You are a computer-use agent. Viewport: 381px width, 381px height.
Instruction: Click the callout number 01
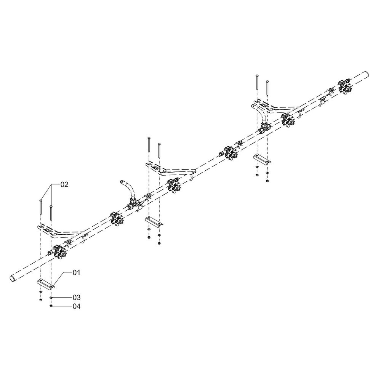pyautogui.click(x=77, y=273)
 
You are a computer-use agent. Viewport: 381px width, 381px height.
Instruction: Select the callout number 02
pyautogui.click(x=64, y=184)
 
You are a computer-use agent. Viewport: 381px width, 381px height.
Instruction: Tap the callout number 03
pyautogui.click(x=77, y=298)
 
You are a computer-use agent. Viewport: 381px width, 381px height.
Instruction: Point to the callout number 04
pyautogui.click(x=77, y=306)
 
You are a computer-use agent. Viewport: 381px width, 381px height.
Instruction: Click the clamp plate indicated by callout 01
pyautogui.click(x=46, y=284)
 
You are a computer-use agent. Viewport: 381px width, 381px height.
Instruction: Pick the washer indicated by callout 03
pyautogui.click(x=51, y=298)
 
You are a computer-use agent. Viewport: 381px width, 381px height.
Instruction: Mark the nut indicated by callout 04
pyautogui.click(x=51, y=306)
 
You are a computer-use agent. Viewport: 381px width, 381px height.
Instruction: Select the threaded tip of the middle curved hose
pyautogui.click(x=122, y=182)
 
